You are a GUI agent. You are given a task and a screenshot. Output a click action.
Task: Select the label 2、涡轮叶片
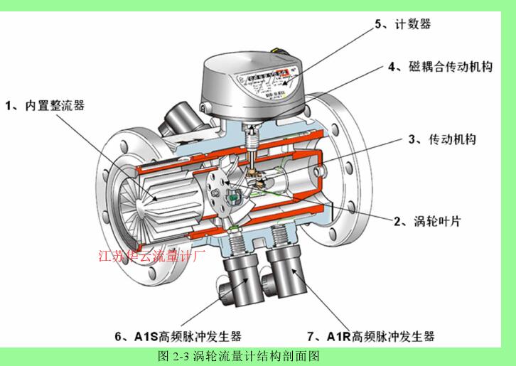[x=428, y=221]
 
